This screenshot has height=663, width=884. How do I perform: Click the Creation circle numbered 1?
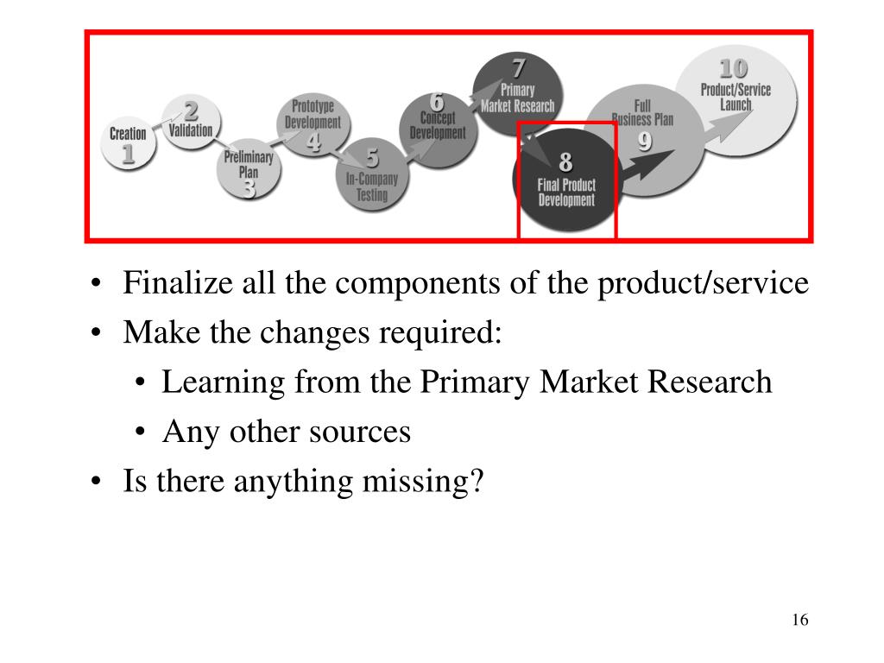pos(128,142)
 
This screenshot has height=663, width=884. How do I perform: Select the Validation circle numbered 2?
pos(191,123)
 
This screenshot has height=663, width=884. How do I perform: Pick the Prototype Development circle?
pos(313,125)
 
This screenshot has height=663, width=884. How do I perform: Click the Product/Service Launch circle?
pos(736,99)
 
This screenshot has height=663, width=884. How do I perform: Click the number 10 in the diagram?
pos(734,68)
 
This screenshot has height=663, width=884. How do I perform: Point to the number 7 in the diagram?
pos(518,67)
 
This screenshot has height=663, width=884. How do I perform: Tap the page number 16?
pos(799,620)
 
